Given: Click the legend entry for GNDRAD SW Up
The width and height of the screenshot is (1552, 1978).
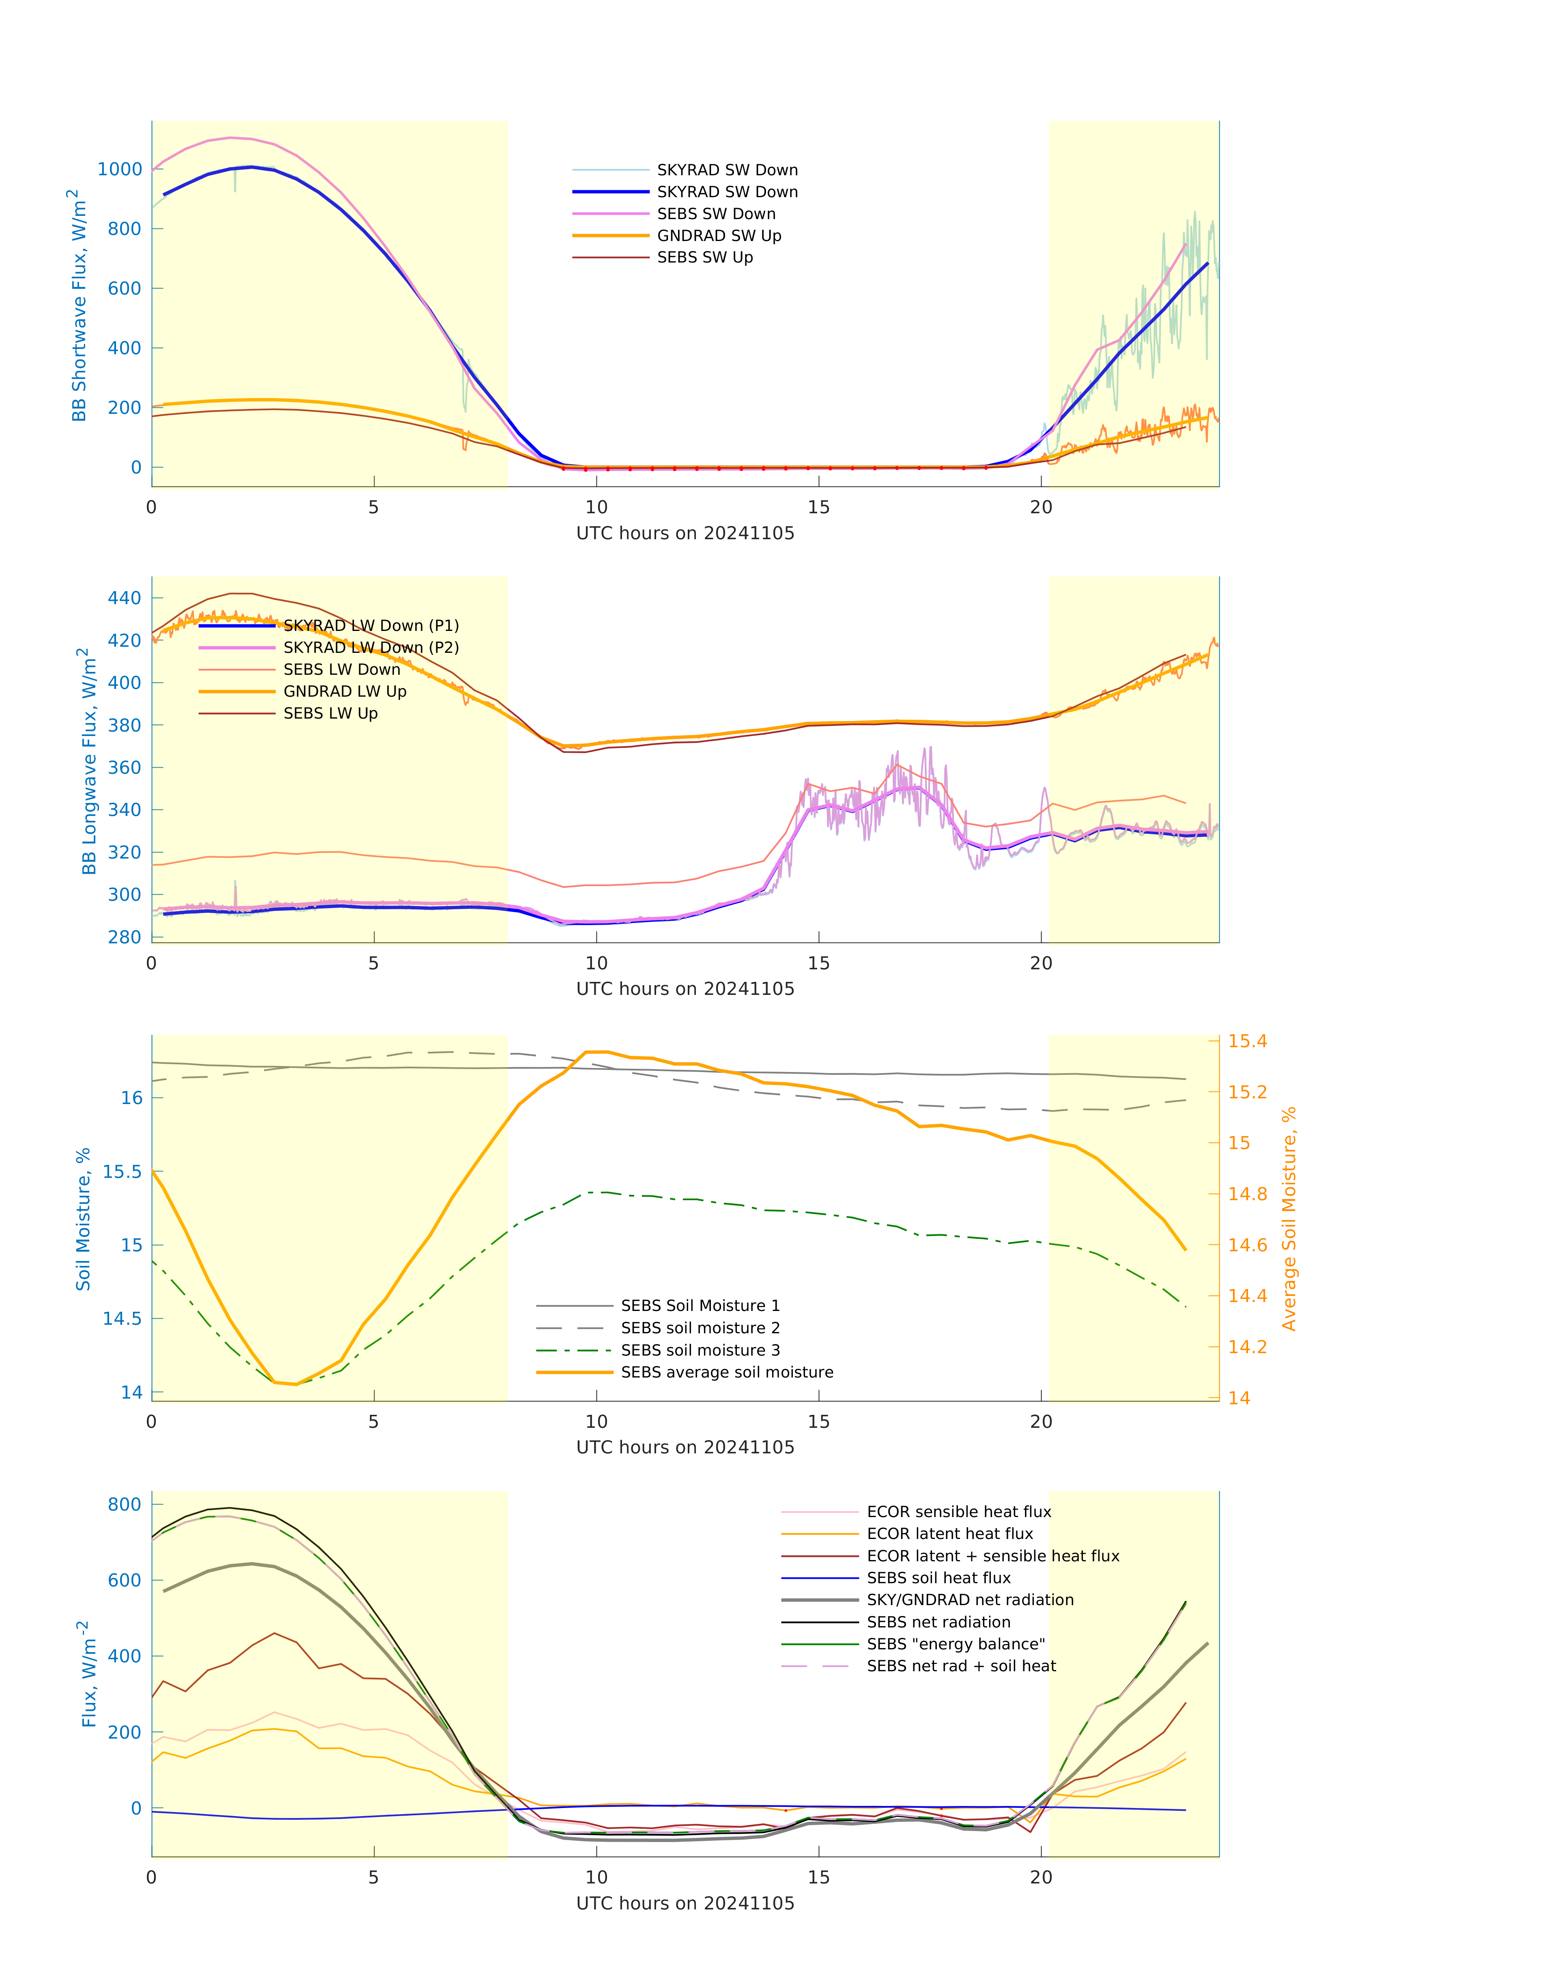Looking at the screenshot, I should click(719, 236).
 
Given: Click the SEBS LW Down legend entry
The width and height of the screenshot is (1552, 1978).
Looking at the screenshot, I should click(342, 669).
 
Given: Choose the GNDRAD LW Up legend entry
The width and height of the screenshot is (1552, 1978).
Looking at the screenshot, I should click(344, 691).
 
